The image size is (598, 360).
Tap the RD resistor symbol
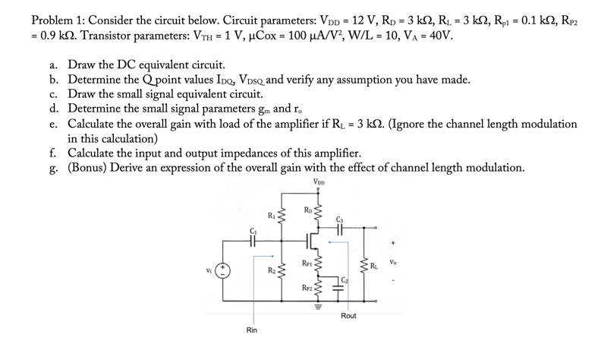click(319, 212)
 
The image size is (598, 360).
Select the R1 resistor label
click(272, 215)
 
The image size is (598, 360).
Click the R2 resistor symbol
click(284, 270)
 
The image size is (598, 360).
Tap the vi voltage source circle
click(223, 270)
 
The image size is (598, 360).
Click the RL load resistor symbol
click(365, 266)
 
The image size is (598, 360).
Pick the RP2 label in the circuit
click(307, 289)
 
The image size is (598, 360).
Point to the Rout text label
click(348, 315)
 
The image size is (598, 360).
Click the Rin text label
click(252, 330)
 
